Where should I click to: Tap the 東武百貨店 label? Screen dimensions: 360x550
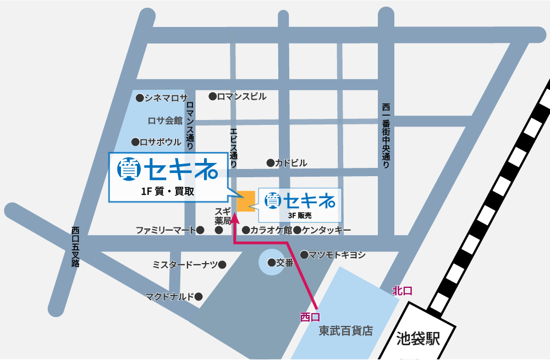pos(346,331)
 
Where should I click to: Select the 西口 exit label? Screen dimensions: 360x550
pos(310,317)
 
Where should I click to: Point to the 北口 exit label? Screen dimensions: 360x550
pos(402,291)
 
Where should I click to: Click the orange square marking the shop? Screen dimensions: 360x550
pos(246,201)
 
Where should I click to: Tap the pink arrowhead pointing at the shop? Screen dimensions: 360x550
pos(235,216)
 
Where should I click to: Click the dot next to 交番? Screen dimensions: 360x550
pos(271,263)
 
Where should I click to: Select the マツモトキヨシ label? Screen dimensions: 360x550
pos(337,255)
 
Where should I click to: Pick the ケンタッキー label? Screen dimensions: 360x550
pos(326,230)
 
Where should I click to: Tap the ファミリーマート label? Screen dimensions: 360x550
pos(166,230)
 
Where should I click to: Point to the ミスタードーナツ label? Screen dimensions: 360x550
pos(185,265)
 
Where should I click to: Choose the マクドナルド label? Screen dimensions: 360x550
pos(169,297)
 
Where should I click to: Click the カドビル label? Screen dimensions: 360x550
pos(291,163)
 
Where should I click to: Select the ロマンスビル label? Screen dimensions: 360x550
pos(241,96)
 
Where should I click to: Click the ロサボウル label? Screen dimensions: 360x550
pos(160,142)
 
